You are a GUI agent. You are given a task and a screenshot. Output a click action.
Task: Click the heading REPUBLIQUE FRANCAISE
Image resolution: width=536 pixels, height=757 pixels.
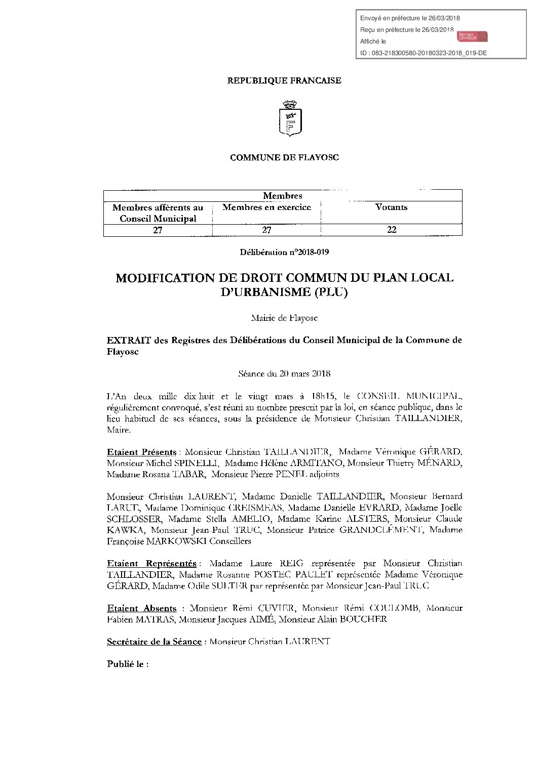pyautogui.click(x=284, y=80)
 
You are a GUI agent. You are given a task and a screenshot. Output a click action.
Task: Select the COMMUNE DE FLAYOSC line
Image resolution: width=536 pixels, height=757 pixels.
pyautogui.click(x=284, y=157)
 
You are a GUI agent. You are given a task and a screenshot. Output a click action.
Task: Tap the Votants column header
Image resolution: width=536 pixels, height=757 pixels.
pyautogui.click(x=391, y=207)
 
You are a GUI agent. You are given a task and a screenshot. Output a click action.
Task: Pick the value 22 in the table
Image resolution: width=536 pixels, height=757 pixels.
pyautogui.click(x=391, y=230)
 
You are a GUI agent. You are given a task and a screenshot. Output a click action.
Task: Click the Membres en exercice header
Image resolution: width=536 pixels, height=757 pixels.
pyautogui.click(x=266, y=207)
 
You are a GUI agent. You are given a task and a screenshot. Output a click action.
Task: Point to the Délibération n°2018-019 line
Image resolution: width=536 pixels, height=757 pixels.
pyautogui.click(x=284, y=251)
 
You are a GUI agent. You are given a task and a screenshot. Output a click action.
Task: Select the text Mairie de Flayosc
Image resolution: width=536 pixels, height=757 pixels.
pyautogui.click(x=284, y=318)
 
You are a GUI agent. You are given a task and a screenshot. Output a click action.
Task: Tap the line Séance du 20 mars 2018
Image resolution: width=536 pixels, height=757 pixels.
pyautogui.click(x=284, y=374)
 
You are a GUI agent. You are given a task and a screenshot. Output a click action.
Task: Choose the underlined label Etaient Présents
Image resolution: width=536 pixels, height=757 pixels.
pyautogui.click(x=141, y=451)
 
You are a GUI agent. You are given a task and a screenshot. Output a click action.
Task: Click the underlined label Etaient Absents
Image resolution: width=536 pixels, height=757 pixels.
pyautogui.click(x=141, y=608)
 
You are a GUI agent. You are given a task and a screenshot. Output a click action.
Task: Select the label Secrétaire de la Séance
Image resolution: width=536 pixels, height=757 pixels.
pyautogui.click(x=155, y=642)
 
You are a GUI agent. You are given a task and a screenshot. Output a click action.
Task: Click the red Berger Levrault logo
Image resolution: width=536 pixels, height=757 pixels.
pyautogui.click(x=472, y=36)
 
